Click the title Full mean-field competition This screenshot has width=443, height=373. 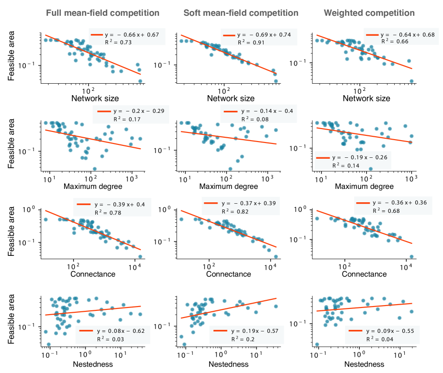pos(102,13)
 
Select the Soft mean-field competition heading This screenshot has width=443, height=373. pos(241,13)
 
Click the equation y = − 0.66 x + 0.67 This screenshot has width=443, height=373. pos(131,35)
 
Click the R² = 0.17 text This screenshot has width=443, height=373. pos(127,119)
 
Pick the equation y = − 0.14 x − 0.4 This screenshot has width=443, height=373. pos(267,111)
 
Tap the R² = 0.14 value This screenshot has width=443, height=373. pos(345,165)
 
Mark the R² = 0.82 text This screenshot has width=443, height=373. pos(235,211)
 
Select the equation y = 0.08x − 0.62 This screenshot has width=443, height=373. pos(121,331)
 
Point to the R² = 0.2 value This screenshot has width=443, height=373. pos(243,339)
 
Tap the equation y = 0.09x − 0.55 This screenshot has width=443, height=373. pos(390,331)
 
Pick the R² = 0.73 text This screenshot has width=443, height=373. pos(118,43)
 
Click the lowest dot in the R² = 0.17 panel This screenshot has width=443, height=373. pos(95,168)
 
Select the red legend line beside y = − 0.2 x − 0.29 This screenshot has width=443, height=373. pos(104,111)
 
